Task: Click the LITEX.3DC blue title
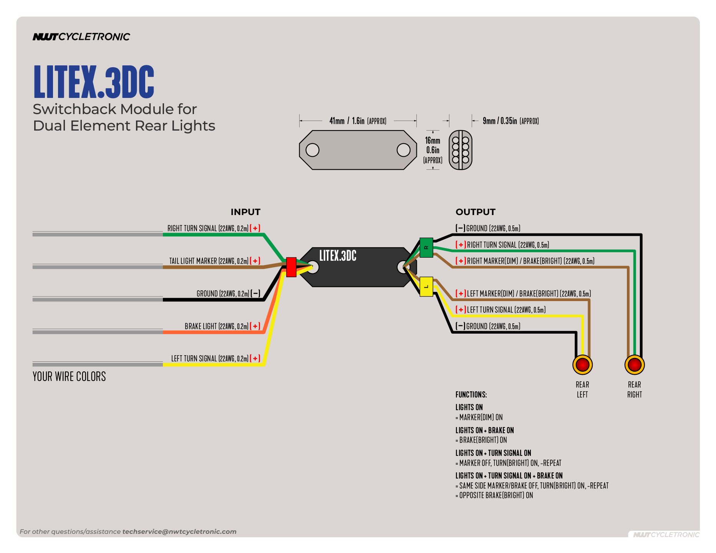[x=94, y=82]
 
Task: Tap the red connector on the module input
[x=291, y=267]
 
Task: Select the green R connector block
[x=426, y=247]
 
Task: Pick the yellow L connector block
[x=426, y=286]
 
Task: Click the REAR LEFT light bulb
[x=582, y=364]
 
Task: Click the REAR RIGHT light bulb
[x=635, y=364]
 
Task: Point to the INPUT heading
[x=245, y=212]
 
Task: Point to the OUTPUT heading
[x=476, y=212]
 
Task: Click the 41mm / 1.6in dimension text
[x=358, y=121]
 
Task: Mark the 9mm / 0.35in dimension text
[x=510, y=121]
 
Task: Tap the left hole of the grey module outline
[x=312, y=150]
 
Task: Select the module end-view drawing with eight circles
[x=460, y=150]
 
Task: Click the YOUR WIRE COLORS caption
[x=69, y=376]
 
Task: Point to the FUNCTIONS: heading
[x=471, y=394]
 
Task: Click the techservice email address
[x=179, y=531]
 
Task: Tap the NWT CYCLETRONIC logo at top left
[x=81, y=37]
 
